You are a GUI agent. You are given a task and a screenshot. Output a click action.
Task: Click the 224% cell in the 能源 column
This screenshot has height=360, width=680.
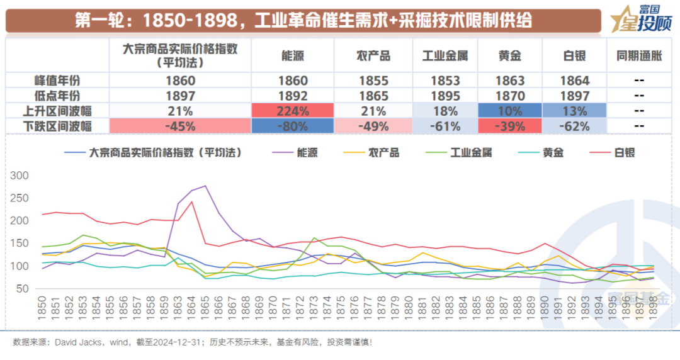click(293, 111)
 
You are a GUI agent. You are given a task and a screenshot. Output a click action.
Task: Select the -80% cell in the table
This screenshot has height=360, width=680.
click(293, 126)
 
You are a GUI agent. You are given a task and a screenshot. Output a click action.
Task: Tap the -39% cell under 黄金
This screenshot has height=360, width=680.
click(509, 126)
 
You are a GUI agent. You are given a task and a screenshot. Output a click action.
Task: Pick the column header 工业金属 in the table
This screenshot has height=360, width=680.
click(445, 56)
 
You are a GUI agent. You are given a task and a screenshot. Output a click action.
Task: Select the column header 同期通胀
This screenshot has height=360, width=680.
click(639, 56)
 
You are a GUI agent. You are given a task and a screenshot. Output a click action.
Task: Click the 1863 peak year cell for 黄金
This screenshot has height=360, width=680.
click(509, 81)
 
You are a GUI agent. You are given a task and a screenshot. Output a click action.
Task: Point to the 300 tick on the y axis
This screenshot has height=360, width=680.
click(20, 176)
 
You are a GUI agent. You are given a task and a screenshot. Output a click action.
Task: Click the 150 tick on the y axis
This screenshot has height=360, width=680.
click(20, 244)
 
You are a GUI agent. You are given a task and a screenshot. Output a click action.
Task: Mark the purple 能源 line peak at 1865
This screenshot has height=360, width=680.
click(205, 186)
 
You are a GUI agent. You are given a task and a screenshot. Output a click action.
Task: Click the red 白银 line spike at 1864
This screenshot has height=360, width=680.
click(192, 201)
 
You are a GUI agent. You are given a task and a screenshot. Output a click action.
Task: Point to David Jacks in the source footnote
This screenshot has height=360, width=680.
click(74, 342)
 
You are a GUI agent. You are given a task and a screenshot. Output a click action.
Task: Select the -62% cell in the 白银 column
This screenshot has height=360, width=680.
click(575, 126)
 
